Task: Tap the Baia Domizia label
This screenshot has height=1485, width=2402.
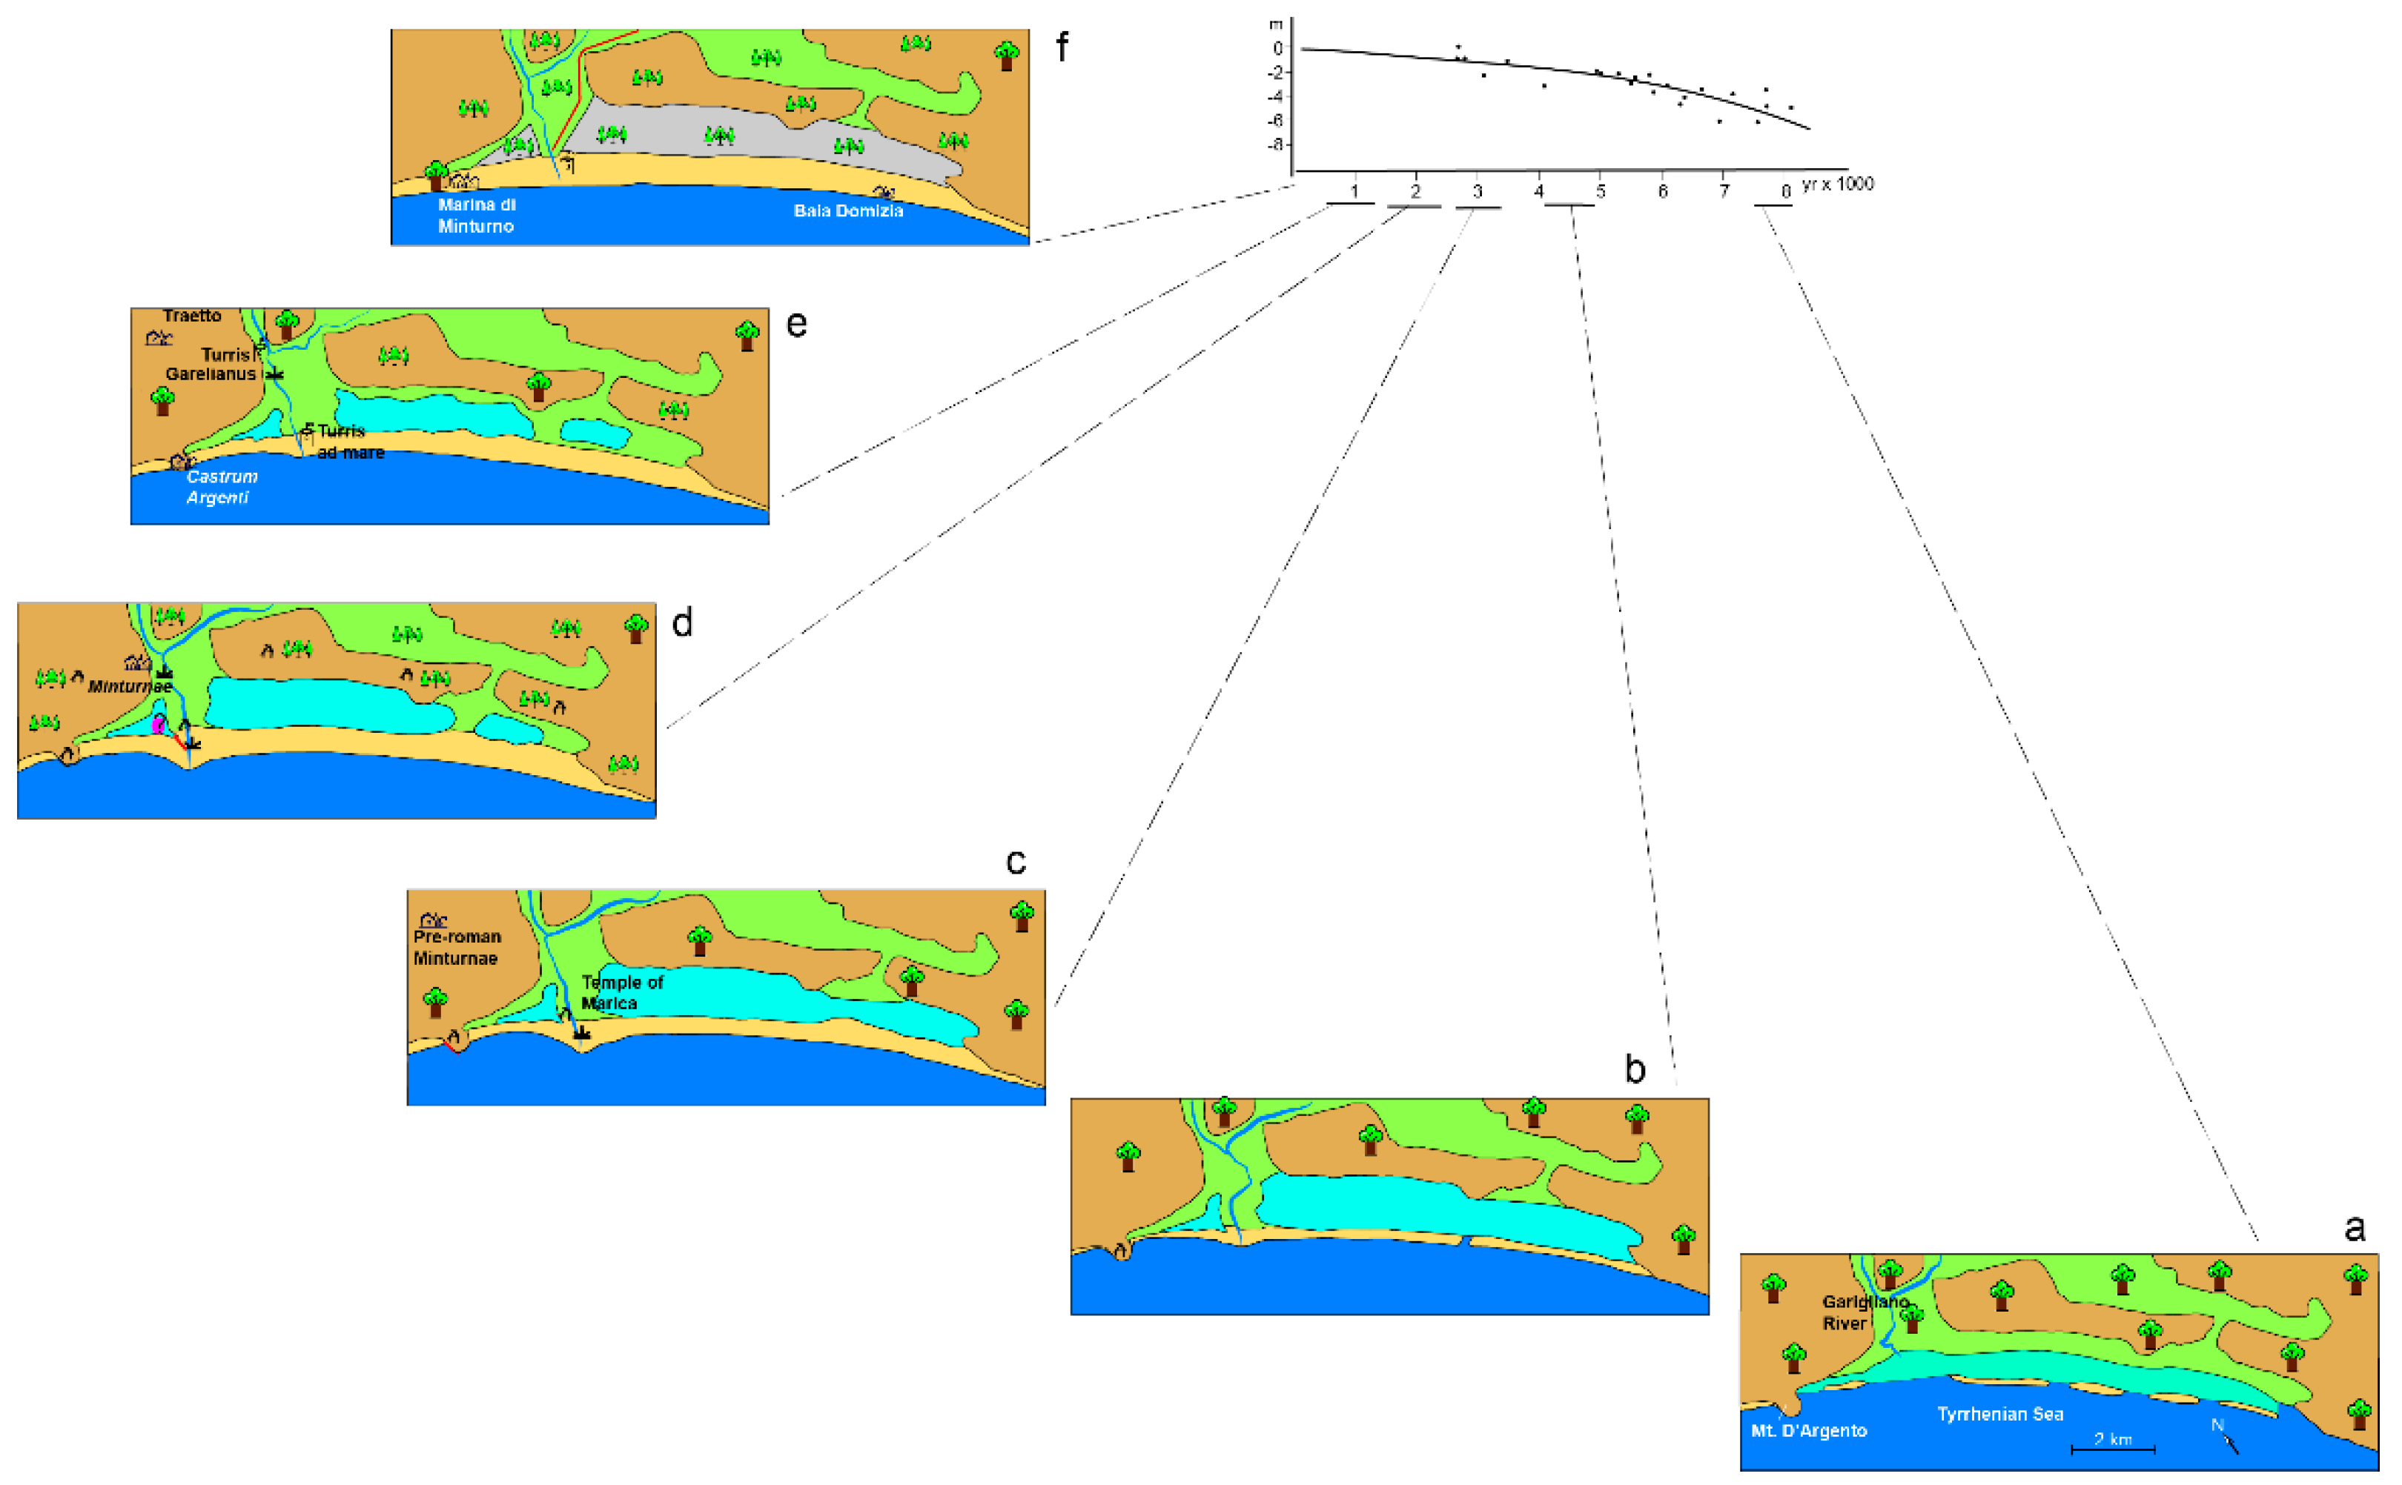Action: click(848, 210)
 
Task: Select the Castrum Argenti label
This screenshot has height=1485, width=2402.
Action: click(222, 486)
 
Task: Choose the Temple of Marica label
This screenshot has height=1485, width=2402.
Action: click(622, 992)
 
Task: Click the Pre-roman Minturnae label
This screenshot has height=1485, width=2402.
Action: click(457, 947)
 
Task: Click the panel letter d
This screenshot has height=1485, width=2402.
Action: click(682, 622)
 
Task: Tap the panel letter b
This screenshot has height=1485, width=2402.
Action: click(1635, 1069)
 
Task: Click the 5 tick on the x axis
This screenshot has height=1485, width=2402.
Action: click(1601, 190)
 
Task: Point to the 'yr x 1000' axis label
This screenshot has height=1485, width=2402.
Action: click(1837, 184)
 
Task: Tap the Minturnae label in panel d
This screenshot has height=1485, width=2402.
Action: click(130, 685)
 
